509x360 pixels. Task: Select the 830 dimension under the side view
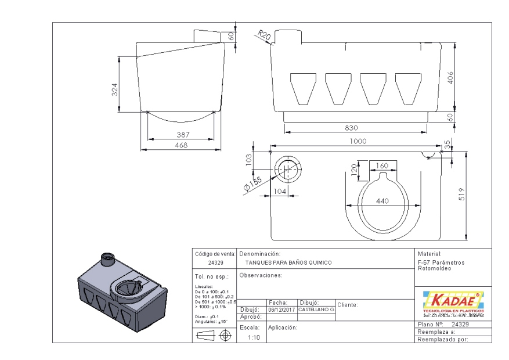[x=351, y=127]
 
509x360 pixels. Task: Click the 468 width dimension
[x=181, y=146]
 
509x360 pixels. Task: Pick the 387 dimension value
[x=181, y=134]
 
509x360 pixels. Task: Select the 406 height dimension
[x=450, y=77]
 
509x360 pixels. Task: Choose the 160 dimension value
[x=381, y=166]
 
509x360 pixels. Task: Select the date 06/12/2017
[x=281, y=310]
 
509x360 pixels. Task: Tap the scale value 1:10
[x=254, y=337]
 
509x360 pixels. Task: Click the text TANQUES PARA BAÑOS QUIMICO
[x=288, y=263]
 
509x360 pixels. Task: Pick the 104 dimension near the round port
[x=280, y=191]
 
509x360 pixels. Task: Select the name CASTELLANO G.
[x=316, y=310]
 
